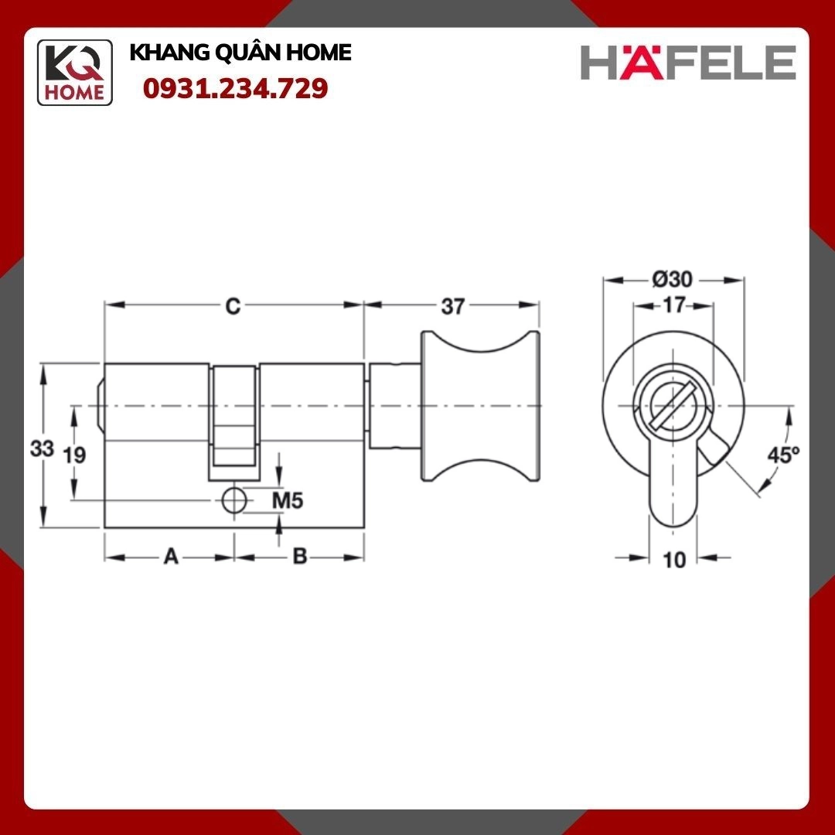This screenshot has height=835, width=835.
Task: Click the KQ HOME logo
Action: tap(75, 73)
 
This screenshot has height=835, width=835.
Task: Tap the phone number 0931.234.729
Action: tap(236, 89)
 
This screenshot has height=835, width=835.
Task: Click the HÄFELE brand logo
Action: tap(688, 63)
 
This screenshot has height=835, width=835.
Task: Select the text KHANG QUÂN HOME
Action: tap(240, 53)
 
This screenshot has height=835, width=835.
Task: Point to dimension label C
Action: tap(232, 307)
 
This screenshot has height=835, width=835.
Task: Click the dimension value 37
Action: tap(452, 307)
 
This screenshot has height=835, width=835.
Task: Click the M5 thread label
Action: tap(287, 501)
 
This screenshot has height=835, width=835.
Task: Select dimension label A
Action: tap(171, 557)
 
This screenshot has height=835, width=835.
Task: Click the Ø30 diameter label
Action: tap(672, 279)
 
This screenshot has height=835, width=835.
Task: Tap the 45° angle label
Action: tap(782, 455)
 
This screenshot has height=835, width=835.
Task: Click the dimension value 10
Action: tap(674, 559)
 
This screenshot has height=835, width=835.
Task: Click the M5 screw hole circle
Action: tap(233, 501)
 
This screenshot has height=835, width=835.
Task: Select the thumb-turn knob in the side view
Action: tap(479, 406)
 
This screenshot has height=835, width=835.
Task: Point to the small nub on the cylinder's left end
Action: tap(100, 405)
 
